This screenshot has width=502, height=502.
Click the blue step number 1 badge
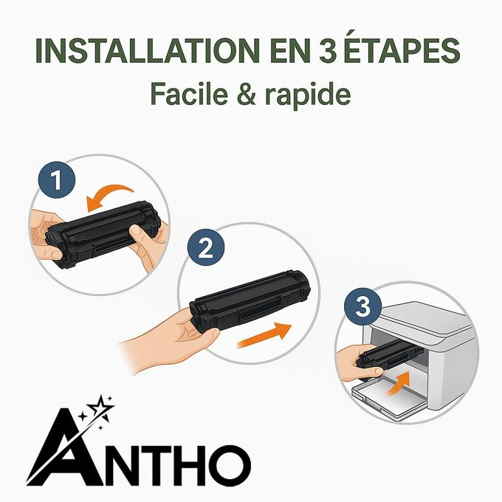click(54, 179)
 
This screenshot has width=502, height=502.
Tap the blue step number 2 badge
click(206, 248)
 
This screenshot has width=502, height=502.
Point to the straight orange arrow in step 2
click(262, 337)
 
